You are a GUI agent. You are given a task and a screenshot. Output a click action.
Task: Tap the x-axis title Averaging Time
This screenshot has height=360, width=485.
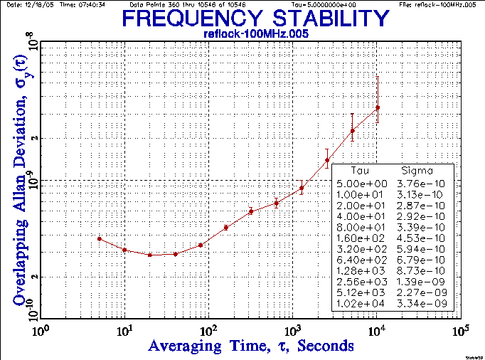(x=251, y=346)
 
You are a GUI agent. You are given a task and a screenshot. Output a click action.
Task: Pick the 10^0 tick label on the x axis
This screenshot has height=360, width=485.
(x=41, y=332)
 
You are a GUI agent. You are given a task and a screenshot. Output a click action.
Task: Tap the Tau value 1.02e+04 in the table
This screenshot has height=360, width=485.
(x=362, y=304)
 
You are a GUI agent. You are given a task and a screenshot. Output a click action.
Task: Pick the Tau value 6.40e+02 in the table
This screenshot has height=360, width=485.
(x=362, y=260)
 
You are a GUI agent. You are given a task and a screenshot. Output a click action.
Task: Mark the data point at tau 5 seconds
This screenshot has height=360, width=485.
(x=100, y=239)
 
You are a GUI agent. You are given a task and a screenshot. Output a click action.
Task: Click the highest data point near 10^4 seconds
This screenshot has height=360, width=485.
(x=378, y=107)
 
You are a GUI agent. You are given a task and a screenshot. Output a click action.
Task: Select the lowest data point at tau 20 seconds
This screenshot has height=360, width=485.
(x=150, y=255)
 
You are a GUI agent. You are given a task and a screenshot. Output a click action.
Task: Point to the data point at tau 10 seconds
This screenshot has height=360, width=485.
(x=124, y=250)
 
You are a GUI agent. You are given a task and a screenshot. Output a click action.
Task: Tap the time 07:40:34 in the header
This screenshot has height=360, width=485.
(x=91, y=4)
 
